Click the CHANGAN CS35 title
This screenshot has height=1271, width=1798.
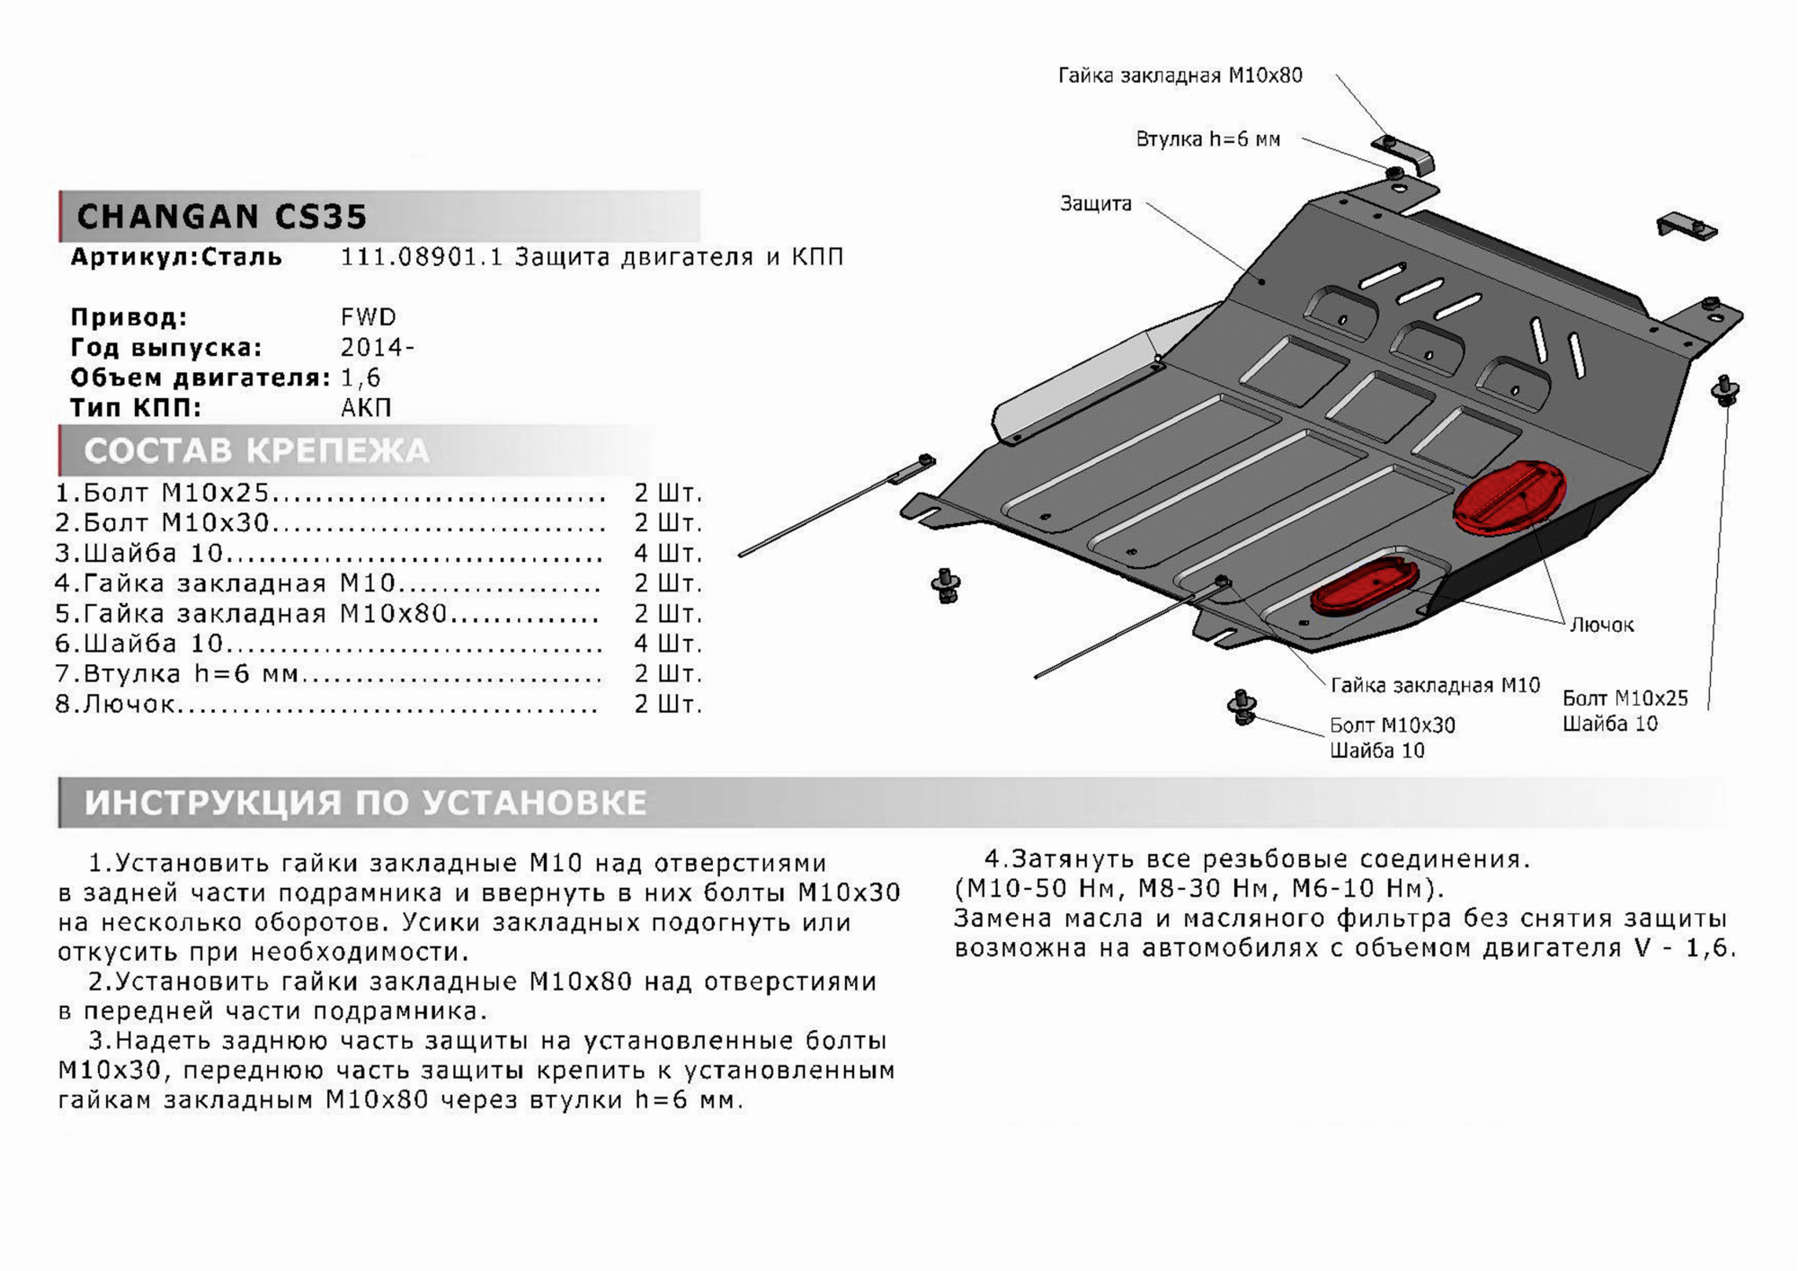[x=222, y=217]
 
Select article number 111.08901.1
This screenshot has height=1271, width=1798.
[x=420, y=257]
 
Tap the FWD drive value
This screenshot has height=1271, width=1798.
[x=368, y=317]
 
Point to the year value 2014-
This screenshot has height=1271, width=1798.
[x=377, y=348]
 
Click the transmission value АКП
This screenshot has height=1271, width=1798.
[x=366, y=408]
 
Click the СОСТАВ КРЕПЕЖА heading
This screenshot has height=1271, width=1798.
[x=256, y=451]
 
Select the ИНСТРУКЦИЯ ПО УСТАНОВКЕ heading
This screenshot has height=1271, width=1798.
[x=365, y=803]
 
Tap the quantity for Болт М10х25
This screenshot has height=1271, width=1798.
[x=667, y=493]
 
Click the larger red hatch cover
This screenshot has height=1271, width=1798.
[x=1509, y=498]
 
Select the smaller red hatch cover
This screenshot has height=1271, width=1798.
[x=1364, y=587]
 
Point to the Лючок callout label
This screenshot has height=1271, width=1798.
[x=1601, y=625]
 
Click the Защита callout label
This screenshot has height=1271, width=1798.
[x=1095, y=204]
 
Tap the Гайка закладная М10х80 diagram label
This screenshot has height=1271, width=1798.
[x=1179, y=76]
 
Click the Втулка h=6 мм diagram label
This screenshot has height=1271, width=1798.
[x=1207, y=139]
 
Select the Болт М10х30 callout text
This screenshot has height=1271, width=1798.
[x=1392, y=725]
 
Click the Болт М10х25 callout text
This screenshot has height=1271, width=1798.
[x=1624, y=698]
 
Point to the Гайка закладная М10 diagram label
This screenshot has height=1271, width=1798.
[x=1435, y=686]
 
